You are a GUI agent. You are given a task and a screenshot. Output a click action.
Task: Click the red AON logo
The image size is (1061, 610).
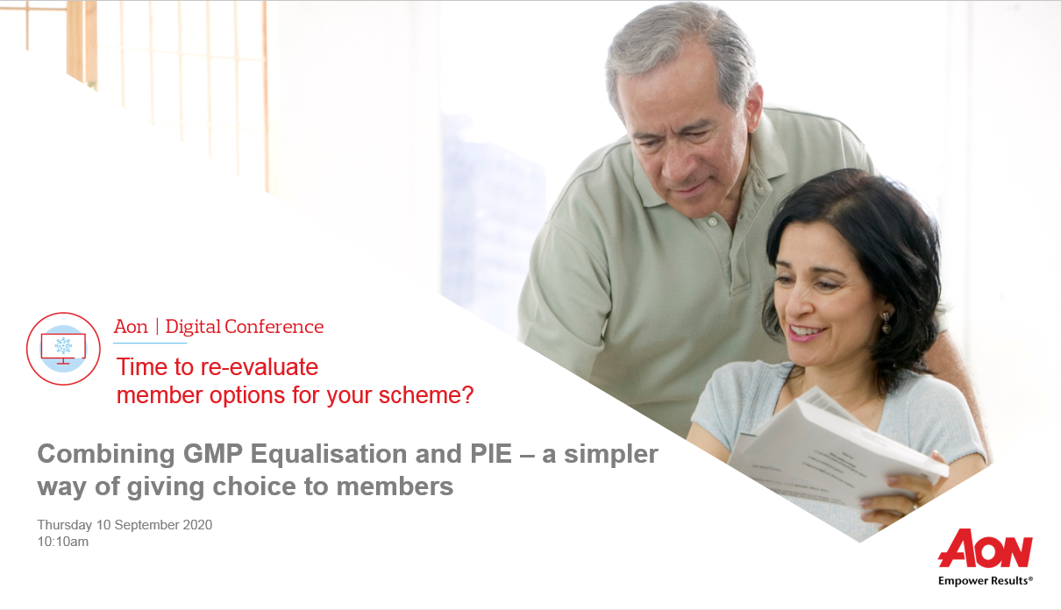986,549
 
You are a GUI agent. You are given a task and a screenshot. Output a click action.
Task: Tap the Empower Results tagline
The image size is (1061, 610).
986,580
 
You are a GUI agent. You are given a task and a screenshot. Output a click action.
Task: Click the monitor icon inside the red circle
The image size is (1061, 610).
63,349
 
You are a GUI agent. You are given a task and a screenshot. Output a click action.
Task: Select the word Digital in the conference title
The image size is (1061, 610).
193,327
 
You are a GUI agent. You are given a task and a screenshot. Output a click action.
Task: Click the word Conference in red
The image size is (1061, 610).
274,327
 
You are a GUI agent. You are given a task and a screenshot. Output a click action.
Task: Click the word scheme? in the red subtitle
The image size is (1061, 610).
426,395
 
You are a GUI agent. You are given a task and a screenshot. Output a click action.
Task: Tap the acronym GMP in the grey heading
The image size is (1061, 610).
213,454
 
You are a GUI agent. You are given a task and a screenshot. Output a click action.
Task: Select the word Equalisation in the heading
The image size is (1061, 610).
329,454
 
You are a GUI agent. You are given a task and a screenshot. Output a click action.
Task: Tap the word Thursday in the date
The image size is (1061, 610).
65,525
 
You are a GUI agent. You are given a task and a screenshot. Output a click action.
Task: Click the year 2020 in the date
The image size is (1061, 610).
197,525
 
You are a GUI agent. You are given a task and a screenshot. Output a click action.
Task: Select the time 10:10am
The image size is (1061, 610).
63,542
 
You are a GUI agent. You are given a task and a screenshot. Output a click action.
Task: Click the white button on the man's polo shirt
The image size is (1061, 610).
712,221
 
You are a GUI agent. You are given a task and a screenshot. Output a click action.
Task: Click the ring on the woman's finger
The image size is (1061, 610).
915,507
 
